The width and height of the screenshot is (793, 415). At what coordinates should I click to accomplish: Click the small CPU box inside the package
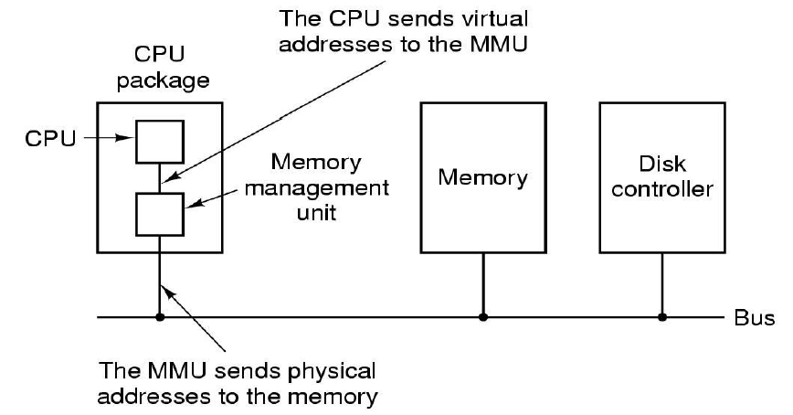point(159,141)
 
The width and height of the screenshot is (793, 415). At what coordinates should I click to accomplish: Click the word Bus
point(754,319)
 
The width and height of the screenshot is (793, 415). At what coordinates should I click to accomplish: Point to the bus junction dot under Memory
point(482,318)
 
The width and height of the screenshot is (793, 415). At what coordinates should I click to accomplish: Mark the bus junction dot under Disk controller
point(662,318)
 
